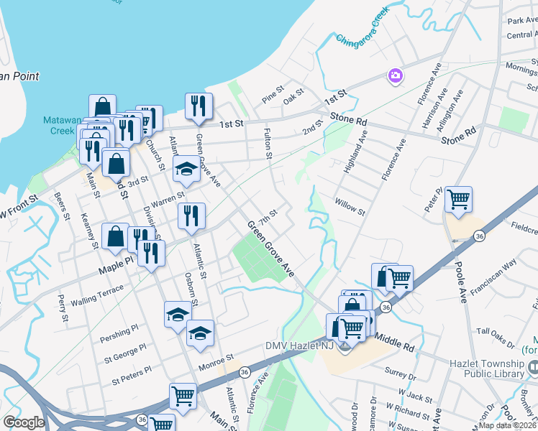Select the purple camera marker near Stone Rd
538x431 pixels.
pyautogui.click(x=395, y=75)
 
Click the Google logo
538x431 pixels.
pyautogui.click(x=24, y=422)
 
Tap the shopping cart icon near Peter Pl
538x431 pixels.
pyautogui.click(x=458, y=198)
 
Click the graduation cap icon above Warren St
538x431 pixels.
pyautogui.click(x=186, y=169)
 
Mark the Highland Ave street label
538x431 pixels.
pyautogui.click(x=356, y=149)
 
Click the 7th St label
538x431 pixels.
pyautogui.click(x=268, y=216)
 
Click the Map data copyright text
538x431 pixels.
pyautogui.click(x=507, y=425)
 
